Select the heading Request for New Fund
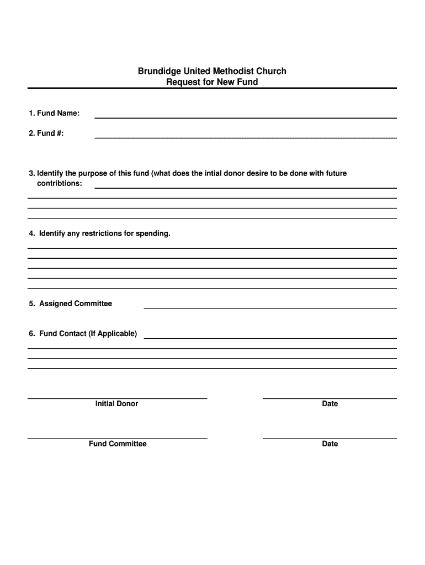tap(212, 82)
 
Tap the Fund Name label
tap(54, 113)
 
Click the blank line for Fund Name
tap(246, 117)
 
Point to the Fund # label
tap(46, 133)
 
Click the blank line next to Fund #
tap(246, 137)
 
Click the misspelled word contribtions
tap(60, 183)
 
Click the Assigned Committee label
tap(70, 303)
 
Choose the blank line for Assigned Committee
tap(270, 308)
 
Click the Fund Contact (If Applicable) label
tap(83, 333)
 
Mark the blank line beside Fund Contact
tap(270, 338)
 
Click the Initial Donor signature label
tap(116, 404)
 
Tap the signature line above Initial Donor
tap(117, 398)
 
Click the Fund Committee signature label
tap(118, 444)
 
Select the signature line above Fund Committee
tap(117, 438)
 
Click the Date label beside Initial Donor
tap(330, 404)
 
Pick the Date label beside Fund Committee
tap(330, 444)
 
